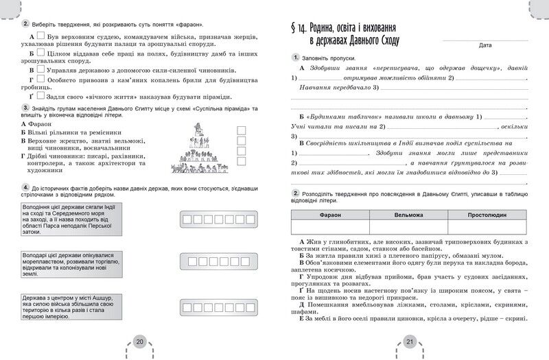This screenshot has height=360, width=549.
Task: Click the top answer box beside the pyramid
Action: click(241, 130)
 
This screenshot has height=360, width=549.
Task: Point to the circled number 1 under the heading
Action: click(295, 58)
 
